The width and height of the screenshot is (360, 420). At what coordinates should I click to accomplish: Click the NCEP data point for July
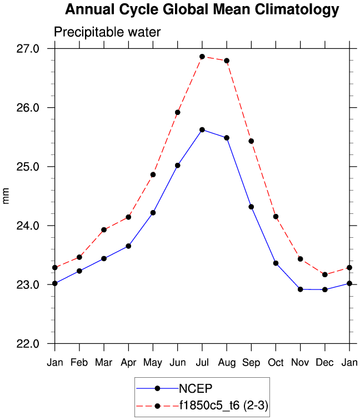pos(202,129)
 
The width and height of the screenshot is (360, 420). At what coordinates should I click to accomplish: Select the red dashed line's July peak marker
pos(202,57)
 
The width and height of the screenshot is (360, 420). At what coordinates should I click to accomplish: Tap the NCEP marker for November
pos(300,289)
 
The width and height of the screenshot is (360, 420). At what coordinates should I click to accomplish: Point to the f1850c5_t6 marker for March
pos(104,229)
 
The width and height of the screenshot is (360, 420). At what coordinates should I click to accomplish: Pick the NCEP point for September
pos(251,207)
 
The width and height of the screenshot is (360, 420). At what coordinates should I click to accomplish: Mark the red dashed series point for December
pos(324,274)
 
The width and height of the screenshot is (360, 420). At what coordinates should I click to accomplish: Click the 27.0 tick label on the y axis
pos(28,49)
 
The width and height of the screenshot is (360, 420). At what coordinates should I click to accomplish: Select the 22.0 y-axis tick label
pos(28,344)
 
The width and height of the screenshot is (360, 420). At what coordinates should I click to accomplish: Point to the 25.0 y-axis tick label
pos(28,167)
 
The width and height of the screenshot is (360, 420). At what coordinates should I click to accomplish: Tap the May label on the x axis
pos(153,363)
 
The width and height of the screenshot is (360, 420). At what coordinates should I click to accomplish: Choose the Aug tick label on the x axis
pos(227,363)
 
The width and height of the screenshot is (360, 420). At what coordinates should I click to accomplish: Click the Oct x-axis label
pos(276,363)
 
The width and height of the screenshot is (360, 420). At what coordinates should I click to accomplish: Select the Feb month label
pos(79,363)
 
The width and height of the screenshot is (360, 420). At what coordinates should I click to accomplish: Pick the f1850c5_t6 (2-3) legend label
pos(223,406)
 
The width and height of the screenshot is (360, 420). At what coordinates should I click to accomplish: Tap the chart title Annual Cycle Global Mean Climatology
pos(202,9)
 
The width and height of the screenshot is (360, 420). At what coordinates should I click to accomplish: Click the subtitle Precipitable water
pos(107,32)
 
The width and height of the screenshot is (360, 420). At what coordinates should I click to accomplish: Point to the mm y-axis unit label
pos(7,197)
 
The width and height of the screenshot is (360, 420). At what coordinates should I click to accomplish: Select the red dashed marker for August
pos(227,61)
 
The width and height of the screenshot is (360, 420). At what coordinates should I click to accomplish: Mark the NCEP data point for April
pos(128,246)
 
